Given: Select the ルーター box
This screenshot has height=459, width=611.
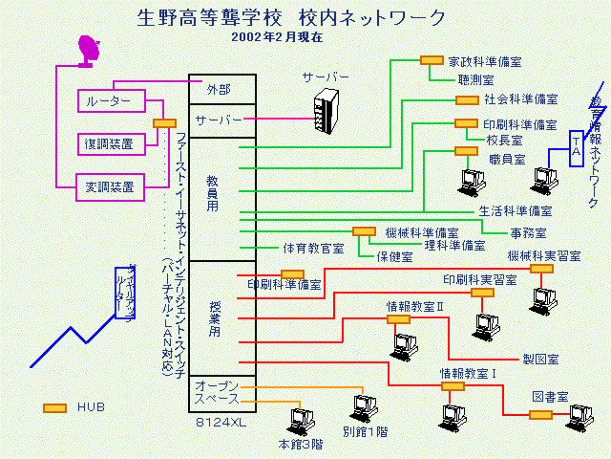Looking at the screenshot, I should pos(110,100).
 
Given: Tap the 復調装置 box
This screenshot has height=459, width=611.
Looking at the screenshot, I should pos(110,142).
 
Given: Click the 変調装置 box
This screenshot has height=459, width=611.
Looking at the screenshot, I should pos(110,185).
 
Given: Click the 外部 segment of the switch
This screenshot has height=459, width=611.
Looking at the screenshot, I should pos(221,88).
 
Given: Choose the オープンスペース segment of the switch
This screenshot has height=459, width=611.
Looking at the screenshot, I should pos(221,391).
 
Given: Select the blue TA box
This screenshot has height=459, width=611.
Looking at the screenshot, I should pos(576,149).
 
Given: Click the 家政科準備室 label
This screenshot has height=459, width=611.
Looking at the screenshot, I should pos(485,61).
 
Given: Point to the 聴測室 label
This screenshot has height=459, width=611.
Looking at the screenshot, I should pos(474,81).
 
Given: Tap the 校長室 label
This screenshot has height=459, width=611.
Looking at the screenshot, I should pos(504,140).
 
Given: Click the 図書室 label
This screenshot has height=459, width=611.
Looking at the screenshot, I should pos(550,396).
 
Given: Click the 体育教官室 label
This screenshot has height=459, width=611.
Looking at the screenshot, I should pos(312,248).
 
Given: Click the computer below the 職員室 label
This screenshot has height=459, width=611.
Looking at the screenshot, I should pos(472,180).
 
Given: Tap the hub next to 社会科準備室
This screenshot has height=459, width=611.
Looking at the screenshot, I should pos(467,99).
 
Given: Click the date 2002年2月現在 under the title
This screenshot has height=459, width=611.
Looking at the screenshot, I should pos(278,37).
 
